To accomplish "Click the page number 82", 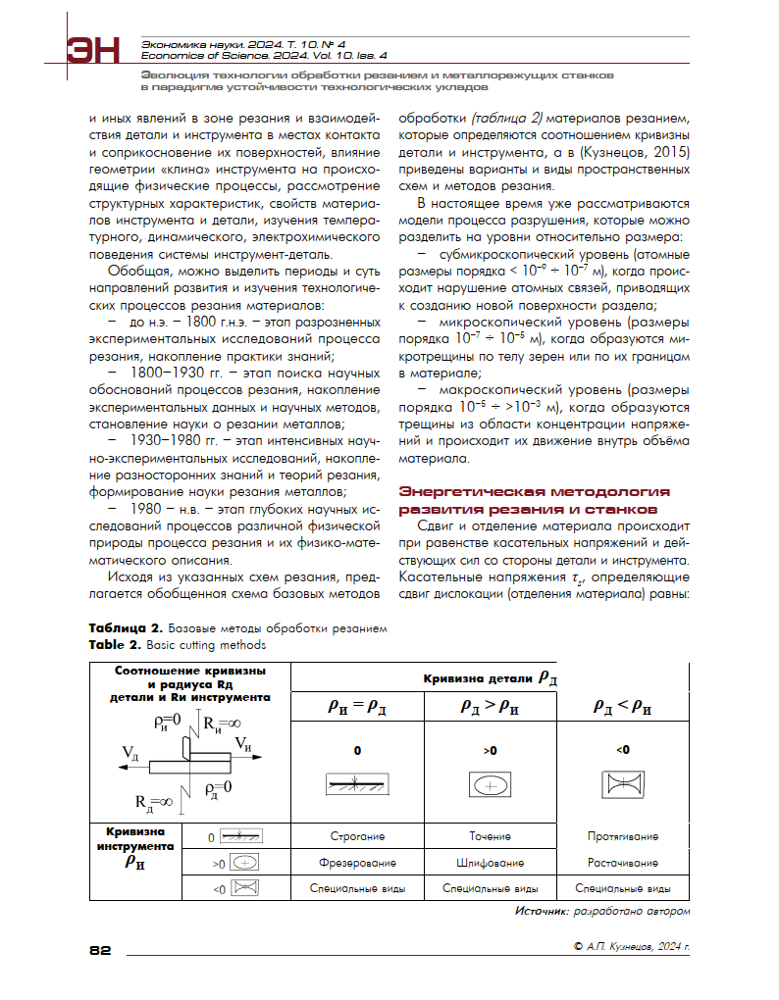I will (101, 949).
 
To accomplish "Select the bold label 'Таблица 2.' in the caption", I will (126, 627).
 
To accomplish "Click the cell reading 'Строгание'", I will (357, 837).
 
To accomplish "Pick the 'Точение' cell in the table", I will (490, 837).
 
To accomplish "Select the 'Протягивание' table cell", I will (622, 837).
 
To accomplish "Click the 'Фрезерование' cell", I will (357, 864).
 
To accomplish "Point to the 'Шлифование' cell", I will (490, 864).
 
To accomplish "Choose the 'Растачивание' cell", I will (622, 864).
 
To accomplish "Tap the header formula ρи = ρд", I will (358, 710).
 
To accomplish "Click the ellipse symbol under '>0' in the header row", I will (490, 785).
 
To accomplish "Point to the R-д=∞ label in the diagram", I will (154, 802).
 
